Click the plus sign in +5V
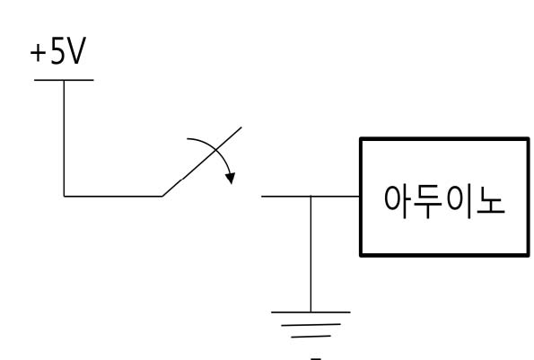(38, 54)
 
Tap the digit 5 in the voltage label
(57, 51)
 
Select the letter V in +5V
(76, 51)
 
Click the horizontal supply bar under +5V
(64, 80)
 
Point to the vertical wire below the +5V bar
(64, 138)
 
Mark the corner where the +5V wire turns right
(64, 197)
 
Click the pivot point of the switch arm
(162, 197)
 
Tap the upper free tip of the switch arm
(241, 127)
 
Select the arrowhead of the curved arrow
(231, 178)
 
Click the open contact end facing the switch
(261, 197)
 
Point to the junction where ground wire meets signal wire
(311, 197)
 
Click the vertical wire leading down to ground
(311, 254)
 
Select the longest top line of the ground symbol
(311, 312)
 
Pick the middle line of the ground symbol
(311, 325)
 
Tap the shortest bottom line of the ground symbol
(311, 337)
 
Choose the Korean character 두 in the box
(427, 202)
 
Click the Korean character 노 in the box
(491, 201)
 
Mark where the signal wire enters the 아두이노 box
(360, 197)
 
